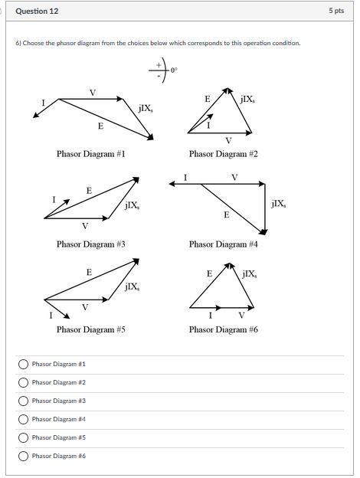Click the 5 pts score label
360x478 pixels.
coord(336,11)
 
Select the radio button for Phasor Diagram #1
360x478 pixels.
coord(24,364)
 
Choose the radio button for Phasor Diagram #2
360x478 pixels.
coord(24,382)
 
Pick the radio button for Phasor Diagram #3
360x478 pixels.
coord(24,401)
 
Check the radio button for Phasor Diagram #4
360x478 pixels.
coord(24,419)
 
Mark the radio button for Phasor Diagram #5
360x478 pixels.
coord(24,437)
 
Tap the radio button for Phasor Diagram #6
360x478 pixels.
coord(24,456)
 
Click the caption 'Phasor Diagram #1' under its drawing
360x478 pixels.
coord(90,154)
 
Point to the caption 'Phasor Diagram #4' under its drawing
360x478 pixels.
coord(224,244)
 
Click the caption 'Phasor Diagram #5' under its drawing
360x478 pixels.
coord(90,329)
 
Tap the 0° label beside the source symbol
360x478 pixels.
coord(174,71)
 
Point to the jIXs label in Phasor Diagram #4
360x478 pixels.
coord(279,204)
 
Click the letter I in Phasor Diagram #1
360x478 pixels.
coord(44,102)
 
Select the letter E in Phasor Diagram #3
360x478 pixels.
coord(89,190)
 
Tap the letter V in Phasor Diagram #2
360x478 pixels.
coord(228,140)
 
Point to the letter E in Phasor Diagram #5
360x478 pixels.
coord(89,272)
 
